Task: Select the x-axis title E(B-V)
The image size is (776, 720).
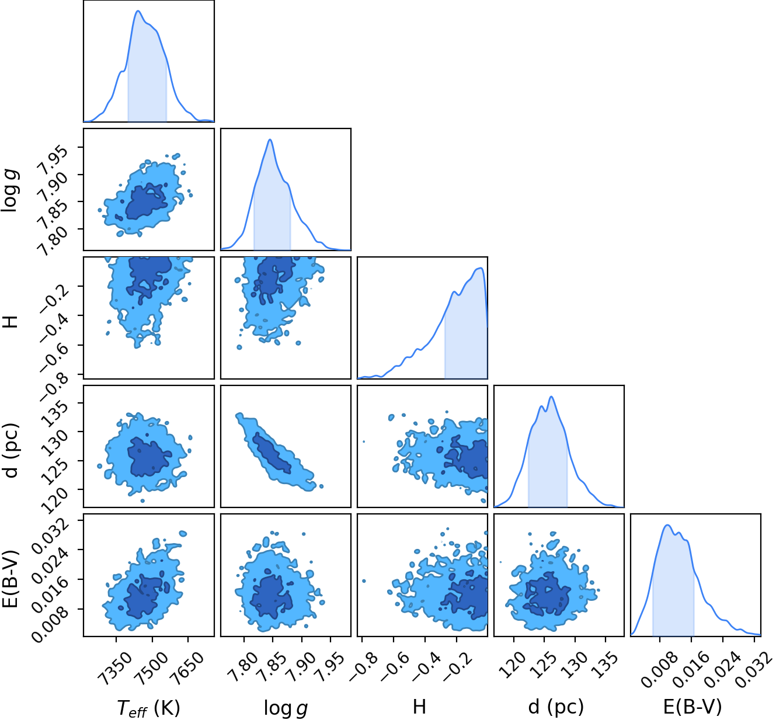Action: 693,707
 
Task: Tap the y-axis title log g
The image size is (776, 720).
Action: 9,190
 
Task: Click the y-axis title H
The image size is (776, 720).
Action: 11,322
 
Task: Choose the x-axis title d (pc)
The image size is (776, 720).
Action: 556,707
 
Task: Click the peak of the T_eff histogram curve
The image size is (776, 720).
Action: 138,11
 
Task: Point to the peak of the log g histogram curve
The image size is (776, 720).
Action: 270,140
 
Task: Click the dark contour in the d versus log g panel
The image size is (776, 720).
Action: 272,453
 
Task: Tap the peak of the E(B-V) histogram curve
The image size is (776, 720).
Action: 667,524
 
